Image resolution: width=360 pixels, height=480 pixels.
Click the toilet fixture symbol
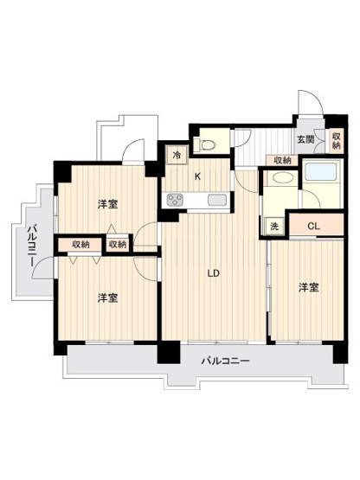[206, 144]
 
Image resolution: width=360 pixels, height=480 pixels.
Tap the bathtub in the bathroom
[321, 172]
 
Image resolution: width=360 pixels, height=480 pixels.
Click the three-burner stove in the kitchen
[176, 200]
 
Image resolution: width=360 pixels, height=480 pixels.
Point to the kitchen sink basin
[217, 200]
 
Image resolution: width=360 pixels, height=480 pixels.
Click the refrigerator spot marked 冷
[177, 155]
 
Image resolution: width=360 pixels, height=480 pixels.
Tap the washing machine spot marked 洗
[274, 227]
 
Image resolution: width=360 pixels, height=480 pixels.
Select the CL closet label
[314, 227]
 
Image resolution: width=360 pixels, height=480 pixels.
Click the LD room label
[214, 273]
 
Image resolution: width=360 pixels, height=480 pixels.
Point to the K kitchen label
[198, 176]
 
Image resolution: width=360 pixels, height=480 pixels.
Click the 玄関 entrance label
[305, 139]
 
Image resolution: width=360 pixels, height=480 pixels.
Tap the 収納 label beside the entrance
[336, 140]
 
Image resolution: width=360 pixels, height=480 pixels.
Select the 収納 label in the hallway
[282, 160]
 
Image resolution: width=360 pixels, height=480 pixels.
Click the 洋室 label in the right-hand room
[309, 287]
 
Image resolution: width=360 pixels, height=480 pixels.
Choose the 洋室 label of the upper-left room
[108, 204]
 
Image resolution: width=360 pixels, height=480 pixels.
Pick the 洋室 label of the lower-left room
[108, 298]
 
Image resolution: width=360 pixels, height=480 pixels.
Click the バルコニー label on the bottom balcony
[226, 361]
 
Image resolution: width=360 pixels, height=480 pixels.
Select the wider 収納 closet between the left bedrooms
[80, 244]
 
